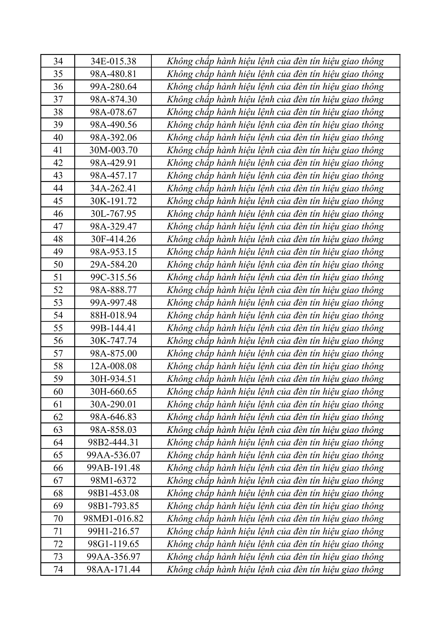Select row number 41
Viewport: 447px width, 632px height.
click(58, 150)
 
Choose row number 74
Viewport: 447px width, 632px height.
click(58, 569)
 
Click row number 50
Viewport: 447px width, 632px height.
click(58, 264)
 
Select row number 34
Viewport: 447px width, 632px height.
click(58, 61)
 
